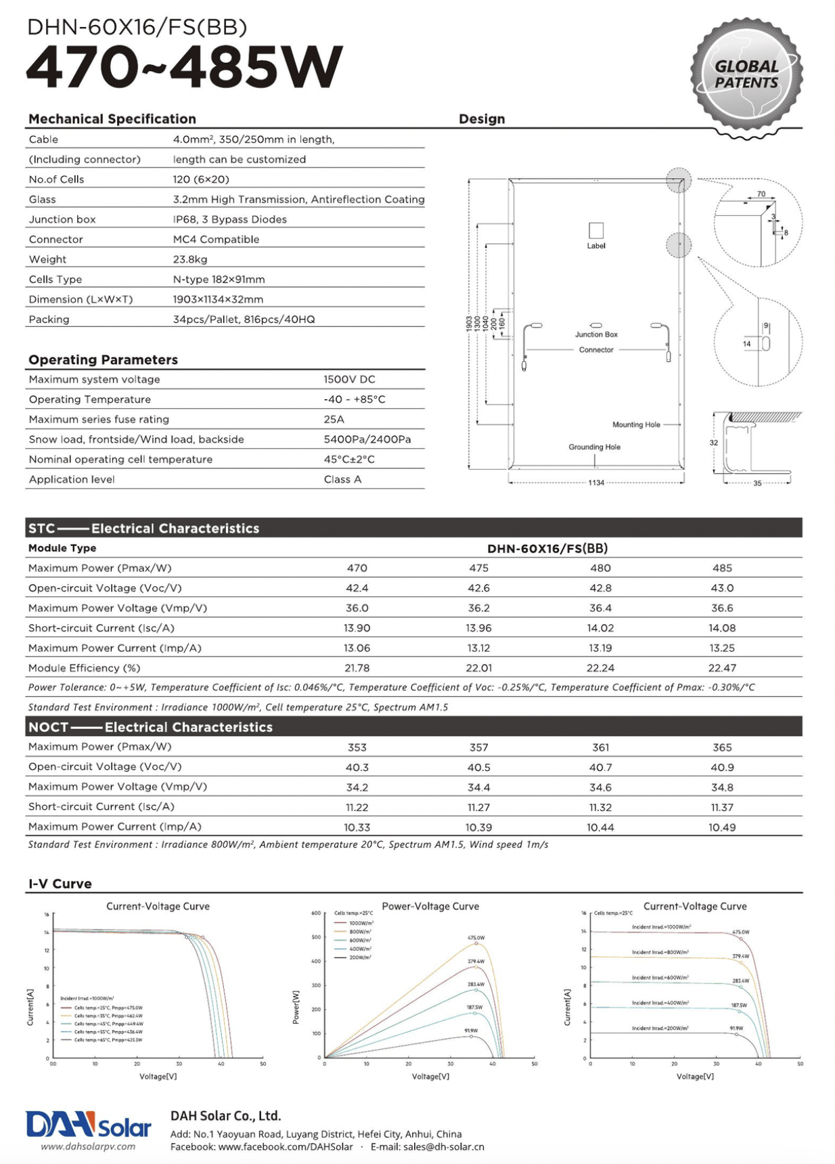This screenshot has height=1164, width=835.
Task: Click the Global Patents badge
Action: coord(746,75)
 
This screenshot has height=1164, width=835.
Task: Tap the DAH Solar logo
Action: coord(89,1125)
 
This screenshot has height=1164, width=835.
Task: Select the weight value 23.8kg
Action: coord(190,259)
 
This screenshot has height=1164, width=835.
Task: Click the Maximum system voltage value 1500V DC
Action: coord(349,380)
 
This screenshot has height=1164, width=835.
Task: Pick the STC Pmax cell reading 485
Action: coord(722,568)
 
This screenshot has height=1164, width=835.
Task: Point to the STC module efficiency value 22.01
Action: coord(478,668)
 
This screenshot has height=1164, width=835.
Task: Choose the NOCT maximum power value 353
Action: coord(357,747)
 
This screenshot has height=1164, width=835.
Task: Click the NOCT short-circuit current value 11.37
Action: coord(722,807)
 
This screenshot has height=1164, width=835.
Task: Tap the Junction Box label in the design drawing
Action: coord(596,334)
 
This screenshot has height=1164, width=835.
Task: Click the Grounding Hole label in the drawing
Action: coord(594,447)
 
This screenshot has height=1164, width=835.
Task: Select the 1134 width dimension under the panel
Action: coord(596,483)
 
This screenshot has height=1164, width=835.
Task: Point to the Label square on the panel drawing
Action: coord(596,230)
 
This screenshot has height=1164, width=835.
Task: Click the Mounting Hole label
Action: coord(636,424)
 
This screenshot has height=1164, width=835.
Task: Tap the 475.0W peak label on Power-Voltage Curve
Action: coord(476,938)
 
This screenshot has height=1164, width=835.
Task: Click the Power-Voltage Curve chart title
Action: coord(430,906)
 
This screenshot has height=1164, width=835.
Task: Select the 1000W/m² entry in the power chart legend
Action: coord(361,923)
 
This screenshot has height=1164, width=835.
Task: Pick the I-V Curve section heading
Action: coord(60,884)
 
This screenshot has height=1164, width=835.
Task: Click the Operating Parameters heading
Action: coord(103,360)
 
